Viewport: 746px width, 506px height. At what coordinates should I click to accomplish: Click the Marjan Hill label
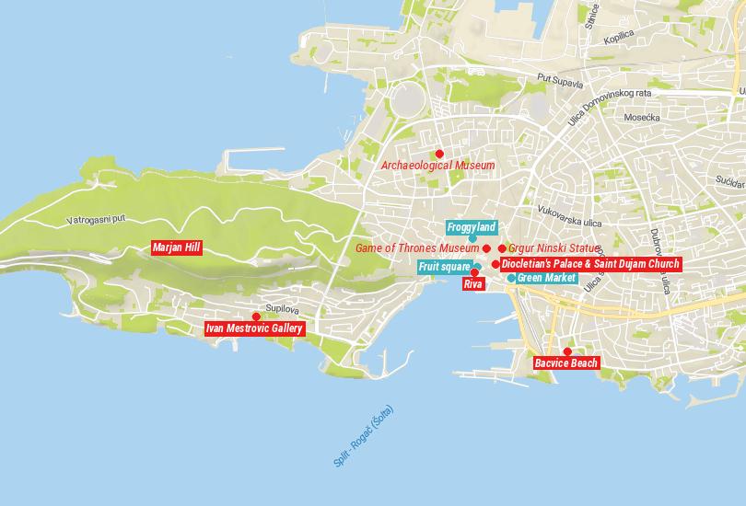tap(177, 247)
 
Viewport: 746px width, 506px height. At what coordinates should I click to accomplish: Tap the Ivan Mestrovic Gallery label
tap(253, 328)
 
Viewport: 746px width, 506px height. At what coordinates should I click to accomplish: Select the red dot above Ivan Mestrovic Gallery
tap(255, 316)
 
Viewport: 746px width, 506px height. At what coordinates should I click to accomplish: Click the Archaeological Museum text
tap(437, 166)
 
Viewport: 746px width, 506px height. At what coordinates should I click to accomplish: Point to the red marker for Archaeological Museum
tap(439, 154)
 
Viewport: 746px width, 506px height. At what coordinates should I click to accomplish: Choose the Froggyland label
tap(472, 227)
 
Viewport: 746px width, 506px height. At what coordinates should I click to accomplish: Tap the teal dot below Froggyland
tap(472, 238)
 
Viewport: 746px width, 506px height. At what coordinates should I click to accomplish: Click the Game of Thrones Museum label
tap(417, 248)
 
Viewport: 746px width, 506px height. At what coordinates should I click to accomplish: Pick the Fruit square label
tap(444, 267)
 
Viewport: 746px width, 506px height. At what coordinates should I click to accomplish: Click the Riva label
tap(473, 284)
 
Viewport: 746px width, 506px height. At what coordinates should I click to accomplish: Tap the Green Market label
tap(546, 278)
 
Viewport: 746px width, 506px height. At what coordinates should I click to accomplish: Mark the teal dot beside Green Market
tap(511, 278)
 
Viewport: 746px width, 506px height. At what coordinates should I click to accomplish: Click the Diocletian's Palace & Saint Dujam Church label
tap(590, 264)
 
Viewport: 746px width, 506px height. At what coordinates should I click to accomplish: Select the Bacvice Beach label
tap(566, 363)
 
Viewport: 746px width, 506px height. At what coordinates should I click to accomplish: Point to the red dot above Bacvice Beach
tap(567, 351)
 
